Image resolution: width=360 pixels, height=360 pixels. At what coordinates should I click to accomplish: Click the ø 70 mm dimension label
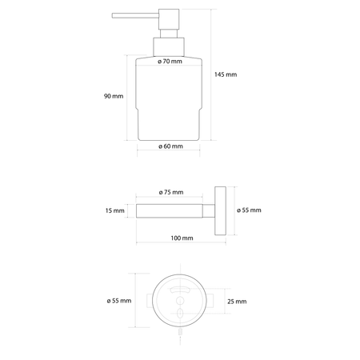coord(171,61)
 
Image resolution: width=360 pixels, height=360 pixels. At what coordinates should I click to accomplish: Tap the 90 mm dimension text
coord(113,96)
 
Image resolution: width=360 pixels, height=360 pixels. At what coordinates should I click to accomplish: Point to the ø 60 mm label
coord(171,146)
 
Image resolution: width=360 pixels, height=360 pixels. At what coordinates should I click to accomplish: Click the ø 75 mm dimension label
coord(171,193)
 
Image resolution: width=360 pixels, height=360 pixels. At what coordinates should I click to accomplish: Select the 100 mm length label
coord(182,238)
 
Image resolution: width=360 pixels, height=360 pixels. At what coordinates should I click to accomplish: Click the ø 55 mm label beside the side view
coord(249,211)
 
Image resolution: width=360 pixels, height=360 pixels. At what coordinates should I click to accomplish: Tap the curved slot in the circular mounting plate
coord(180,290)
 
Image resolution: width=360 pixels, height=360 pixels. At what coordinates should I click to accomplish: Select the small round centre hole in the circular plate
coord(180,302)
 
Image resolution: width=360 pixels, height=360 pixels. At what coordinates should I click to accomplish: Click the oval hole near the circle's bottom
coord(180,314)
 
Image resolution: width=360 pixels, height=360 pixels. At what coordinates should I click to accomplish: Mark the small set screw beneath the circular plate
coord(180,328)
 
